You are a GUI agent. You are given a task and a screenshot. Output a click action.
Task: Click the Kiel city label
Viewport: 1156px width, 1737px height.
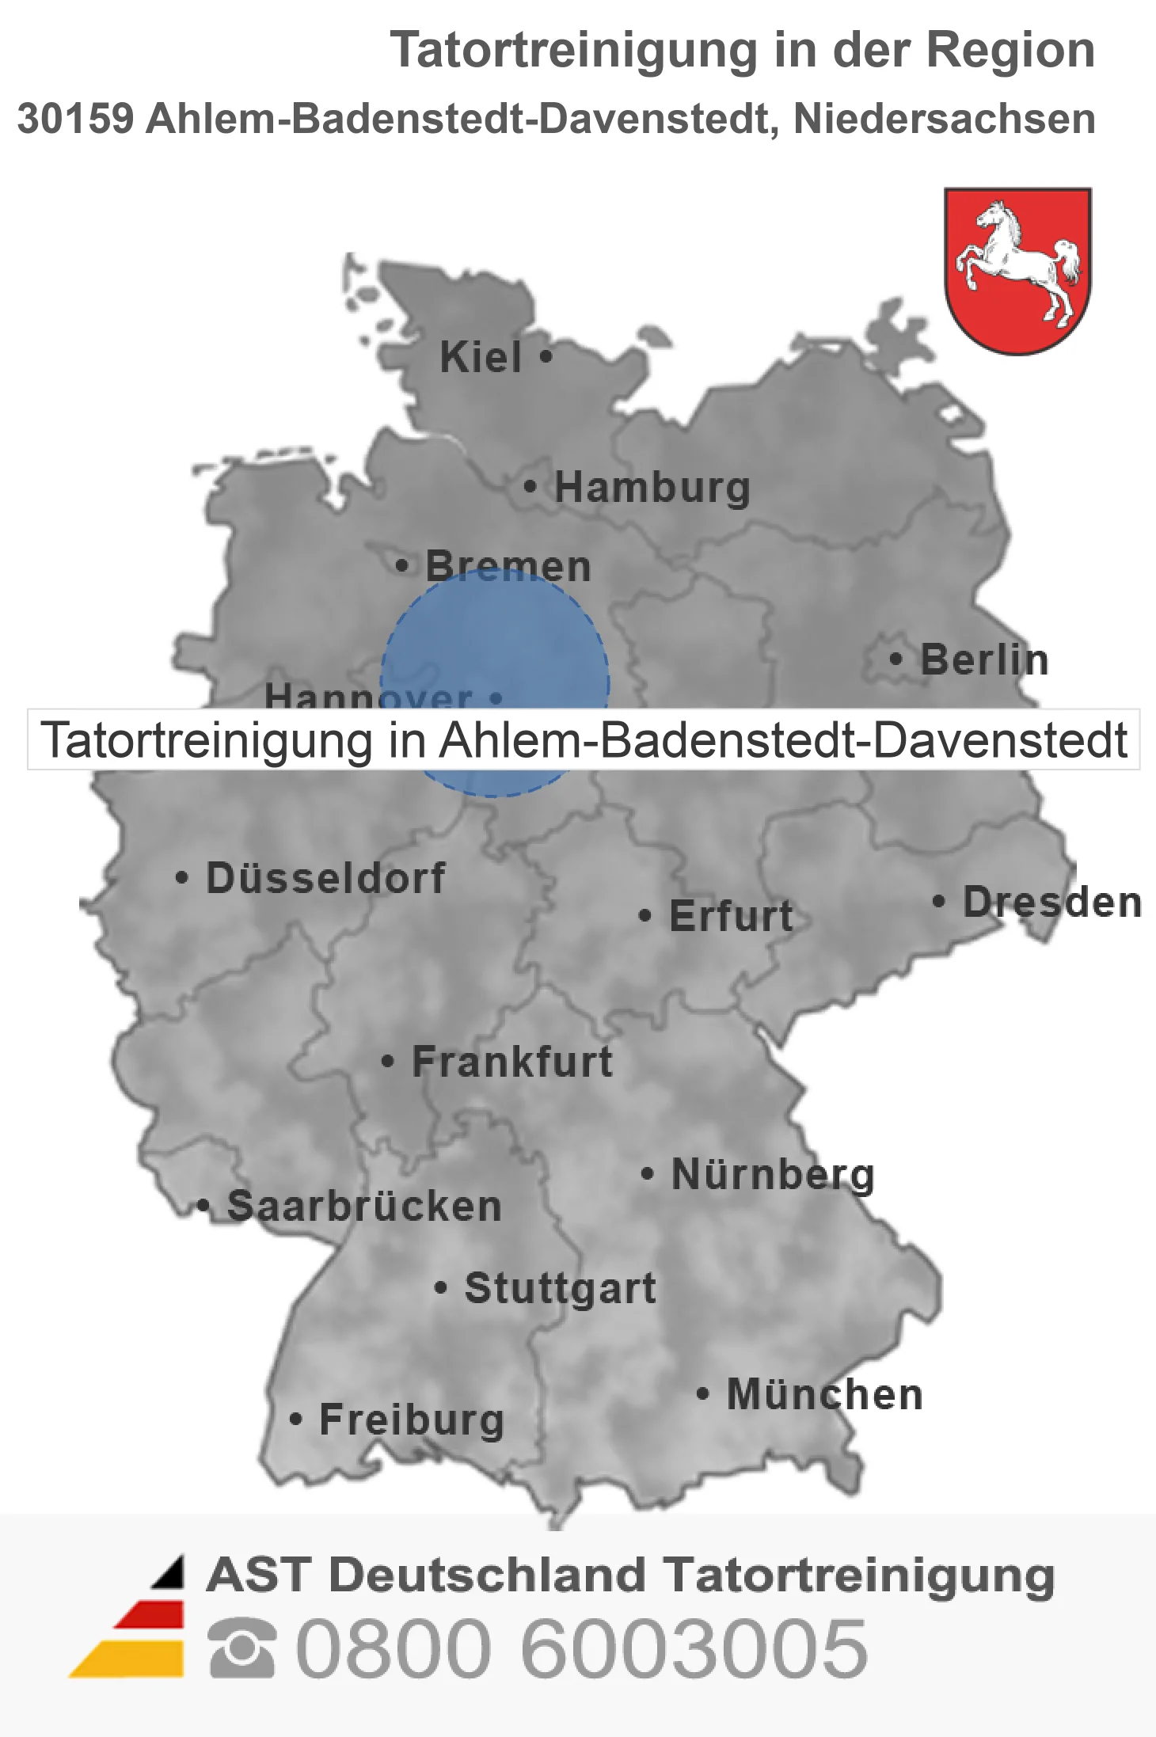tap(481, 357)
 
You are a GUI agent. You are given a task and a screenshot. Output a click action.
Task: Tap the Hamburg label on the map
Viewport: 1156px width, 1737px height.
tap(652, 488)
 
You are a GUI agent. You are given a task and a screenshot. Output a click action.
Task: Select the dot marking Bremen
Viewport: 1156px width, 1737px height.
tap(402, 565)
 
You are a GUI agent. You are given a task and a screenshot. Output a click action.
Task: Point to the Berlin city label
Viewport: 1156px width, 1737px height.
tap(984, 659)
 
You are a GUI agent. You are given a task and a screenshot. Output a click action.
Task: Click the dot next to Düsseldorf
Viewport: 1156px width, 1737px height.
tap(182, 877)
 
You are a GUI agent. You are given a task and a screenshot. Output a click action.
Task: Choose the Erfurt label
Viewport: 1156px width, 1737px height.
tap(731, 916)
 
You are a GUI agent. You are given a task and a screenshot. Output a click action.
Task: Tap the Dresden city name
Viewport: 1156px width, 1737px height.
tap(1051, 902)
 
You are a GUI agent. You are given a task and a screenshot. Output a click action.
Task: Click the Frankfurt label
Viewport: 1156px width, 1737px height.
tap(512, 1062)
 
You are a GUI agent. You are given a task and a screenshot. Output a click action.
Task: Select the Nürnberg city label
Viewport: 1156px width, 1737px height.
tap(773, 1174)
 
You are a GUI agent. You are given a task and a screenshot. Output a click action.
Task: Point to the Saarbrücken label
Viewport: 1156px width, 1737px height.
tap(364, 1207)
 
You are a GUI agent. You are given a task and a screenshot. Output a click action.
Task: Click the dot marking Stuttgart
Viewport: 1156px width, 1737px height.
tap(441, 1287)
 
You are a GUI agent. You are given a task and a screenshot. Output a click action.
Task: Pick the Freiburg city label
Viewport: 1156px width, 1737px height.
tap(412, 1420)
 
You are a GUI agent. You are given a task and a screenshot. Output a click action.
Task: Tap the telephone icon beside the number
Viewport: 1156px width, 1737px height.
tap(242, 1648)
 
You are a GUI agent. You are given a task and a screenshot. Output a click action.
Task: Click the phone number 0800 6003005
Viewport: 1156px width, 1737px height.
tap(582, 1648)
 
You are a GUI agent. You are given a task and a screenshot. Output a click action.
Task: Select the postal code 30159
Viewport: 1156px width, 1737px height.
tap(75, 119)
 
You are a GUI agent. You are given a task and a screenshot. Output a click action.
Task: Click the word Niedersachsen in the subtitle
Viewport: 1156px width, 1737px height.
tap(944, 119)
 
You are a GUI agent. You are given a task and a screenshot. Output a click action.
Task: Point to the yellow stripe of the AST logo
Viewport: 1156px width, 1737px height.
tap(131, 1659)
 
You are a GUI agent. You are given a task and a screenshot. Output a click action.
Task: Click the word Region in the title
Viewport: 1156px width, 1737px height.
tap(1010, 50)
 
